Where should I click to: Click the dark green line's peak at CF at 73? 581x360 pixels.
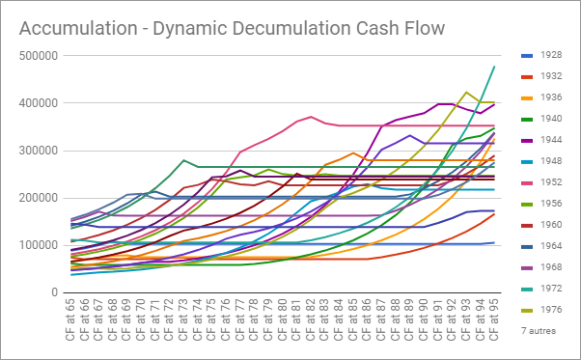pyautogui.click(x=183, y=160)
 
